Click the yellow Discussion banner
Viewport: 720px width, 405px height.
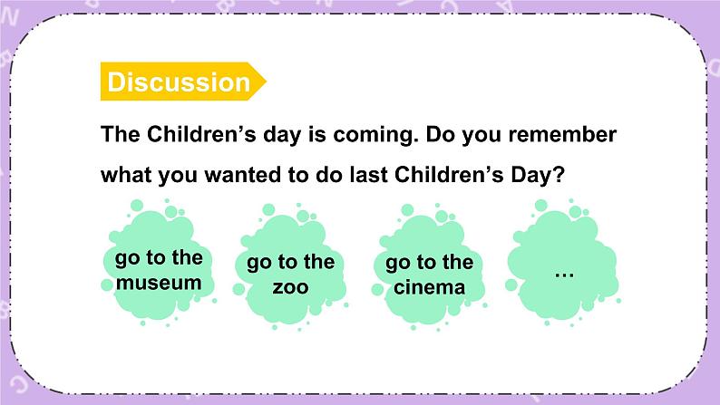183,82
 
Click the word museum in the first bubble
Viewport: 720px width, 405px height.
159,283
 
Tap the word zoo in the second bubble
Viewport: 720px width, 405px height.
291,287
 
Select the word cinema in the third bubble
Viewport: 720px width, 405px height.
429,287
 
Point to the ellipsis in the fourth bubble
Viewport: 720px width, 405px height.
564,275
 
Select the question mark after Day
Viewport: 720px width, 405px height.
559,175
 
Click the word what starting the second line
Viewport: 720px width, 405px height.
127,175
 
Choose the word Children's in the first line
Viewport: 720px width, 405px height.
201,134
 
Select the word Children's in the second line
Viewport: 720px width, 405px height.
449,174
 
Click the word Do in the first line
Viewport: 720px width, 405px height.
440,134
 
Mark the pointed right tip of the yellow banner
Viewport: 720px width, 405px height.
267,82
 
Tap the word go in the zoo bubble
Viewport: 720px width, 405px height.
259,264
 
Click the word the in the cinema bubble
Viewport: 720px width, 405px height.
458,263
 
